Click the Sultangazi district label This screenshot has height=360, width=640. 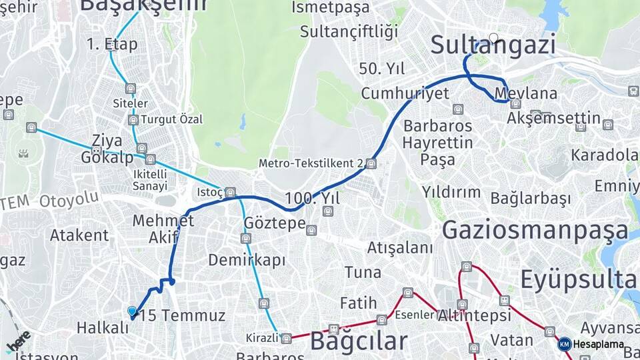pyautogui.click(x=493, y=45)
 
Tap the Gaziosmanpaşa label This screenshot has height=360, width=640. pyautogui.click(x=535, y=230)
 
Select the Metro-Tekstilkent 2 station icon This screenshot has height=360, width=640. pyautogui.click(x=371, y=163)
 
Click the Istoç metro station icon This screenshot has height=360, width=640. pyautogui.click(x=230, y=193)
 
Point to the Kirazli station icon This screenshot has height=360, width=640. pyautogui.click(x=286, y=338)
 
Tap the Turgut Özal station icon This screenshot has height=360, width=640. pyautogui.click(x=133, y=120)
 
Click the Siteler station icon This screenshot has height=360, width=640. pyautogui.click(x=130, y=89)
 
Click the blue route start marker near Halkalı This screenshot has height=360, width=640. pyautogui.click(x=132, y=311)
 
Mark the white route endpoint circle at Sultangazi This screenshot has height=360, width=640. pyautogui.click(x=493, y=38)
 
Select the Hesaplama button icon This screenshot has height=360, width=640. pyautogui.click(x=565, y=344)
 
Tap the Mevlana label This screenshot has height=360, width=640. pyautogui.click(x=517, y=93)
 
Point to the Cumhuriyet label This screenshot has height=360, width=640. pyautogui.click(x=405, y=93)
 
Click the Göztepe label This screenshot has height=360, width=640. pyautogui.click(x=275, y=223)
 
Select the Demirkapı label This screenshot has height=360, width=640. pyautogui.click(x=247, y=259)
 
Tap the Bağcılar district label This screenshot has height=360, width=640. pyautogui.click(x=359, y=341)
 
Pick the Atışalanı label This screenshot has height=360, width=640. pyautogui.click(x=400, y=248)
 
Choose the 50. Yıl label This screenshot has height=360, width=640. pyautogui.click(x=382, y=69)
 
